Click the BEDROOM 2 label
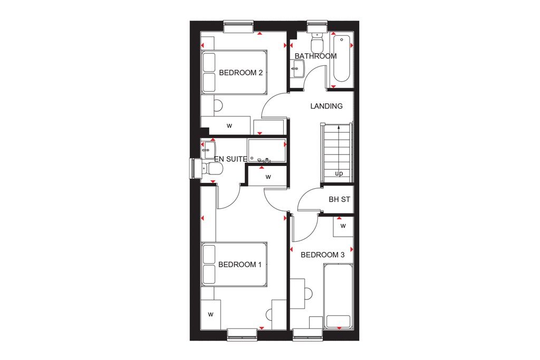[x=240, y=73]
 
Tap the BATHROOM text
[x=315, y=56]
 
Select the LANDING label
[x=326, y=106]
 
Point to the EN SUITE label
[x=230, y=158]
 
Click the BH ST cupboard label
[x=340, y=200]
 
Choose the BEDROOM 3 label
[x=322, y=255]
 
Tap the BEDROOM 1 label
[x=240, y=265]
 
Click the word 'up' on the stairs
[x=339, y=173]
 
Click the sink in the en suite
[x=208, y=148]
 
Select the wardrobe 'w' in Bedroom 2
[x=229, y=126]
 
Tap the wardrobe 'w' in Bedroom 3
[x=343, y=226]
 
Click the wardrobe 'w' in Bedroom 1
[x=210, y=315]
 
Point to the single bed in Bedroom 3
[x=338, y=296]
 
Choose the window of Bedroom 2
[x=238, y=26]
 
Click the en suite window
[x=194, y=169]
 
